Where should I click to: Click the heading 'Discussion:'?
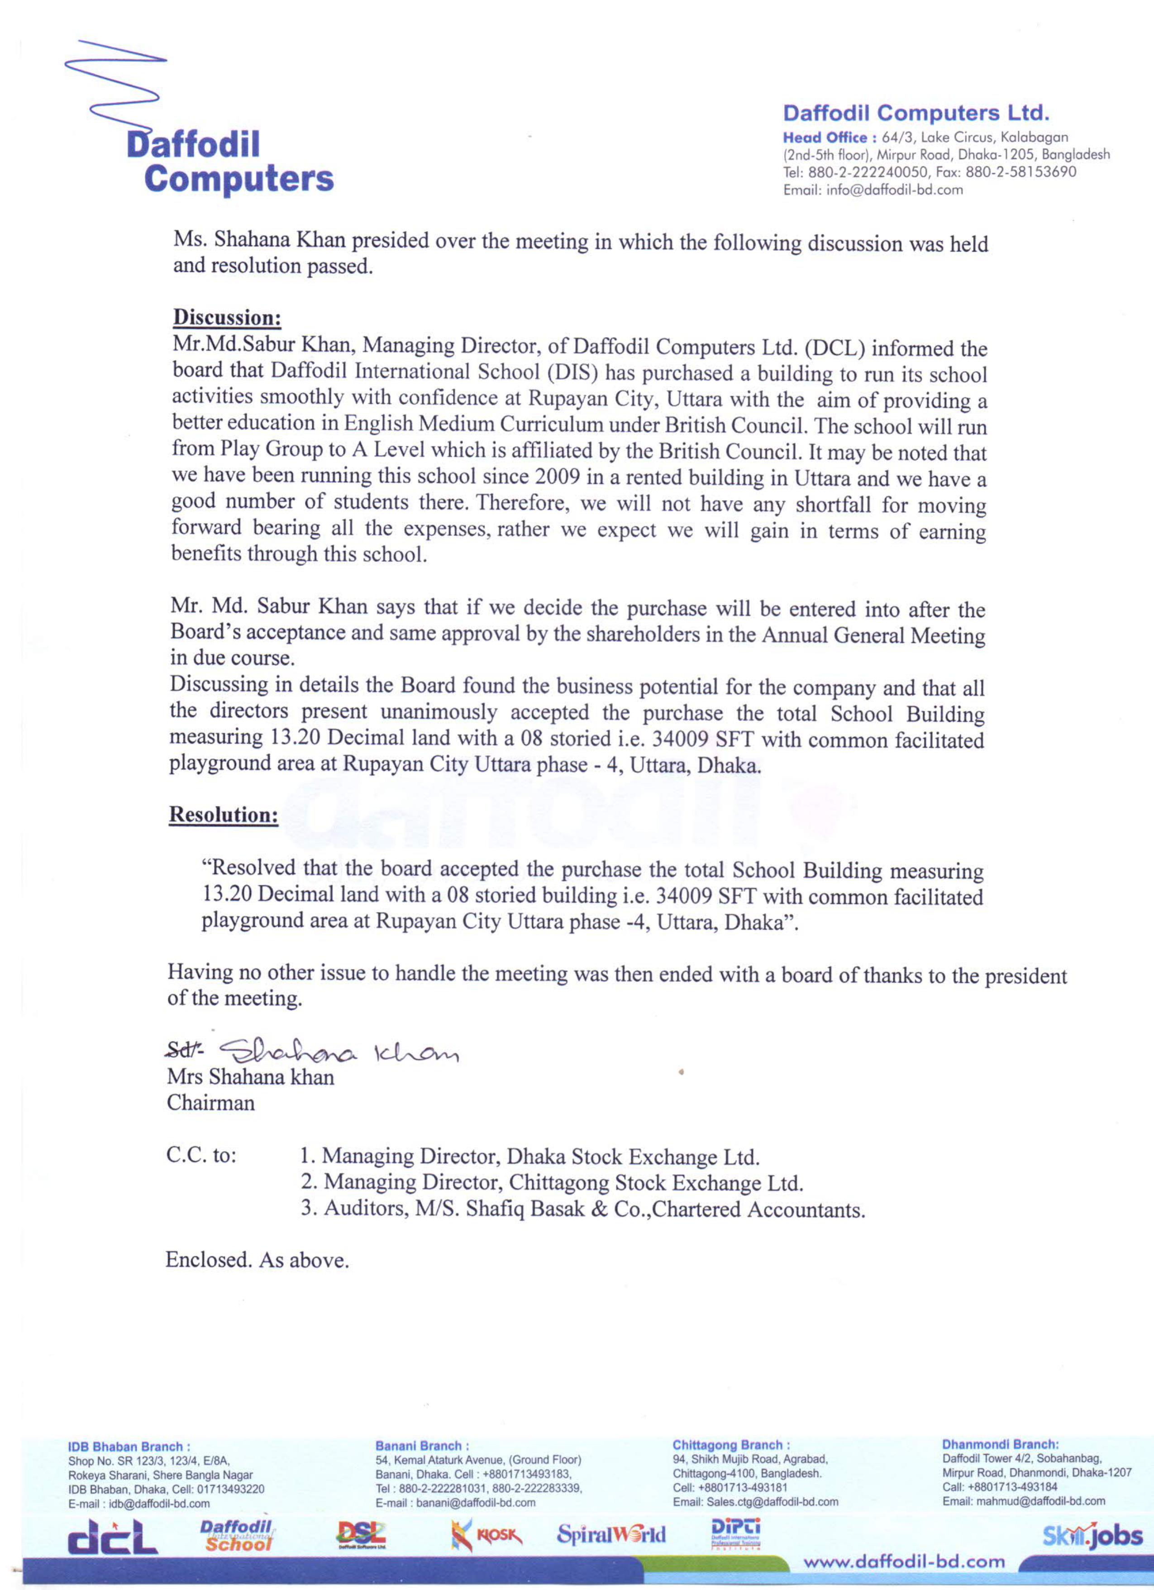click(227, 318)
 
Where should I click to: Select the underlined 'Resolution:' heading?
click(224, 815)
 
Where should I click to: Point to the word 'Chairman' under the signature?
click(210, 1103)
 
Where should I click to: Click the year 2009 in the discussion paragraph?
click(558, 477)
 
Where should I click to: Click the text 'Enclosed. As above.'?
click(257, 1261)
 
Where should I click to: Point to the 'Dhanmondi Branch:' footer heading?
click(1000, 1445)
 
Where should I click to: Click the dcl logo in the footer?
click(112, 1537)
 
